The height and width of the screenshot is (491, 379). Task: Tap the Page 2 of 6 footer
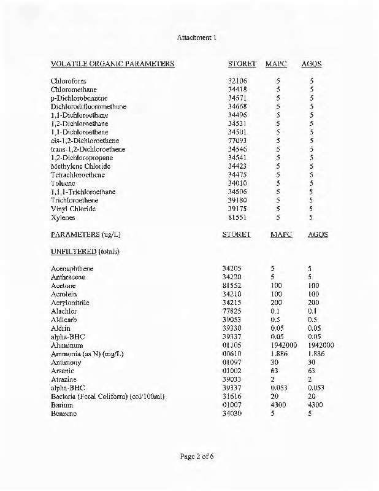point(196,457)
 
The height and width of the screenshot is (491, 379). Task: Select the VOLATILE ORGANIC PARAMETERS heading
point(112,64)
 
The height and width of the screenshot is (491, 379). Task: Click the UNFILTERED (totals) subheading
point(85,252)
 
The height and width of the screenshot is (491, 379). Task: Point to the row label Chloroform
point(68,81)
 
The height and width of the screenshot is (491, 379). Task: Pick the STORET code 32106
point(237,81)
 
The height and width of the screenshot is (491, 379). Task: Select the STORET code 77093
point(237,141)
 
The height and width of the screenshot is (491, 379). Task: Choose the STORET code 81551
point(237,217)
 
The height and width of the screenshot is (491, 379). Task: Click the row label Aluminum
point(67,346)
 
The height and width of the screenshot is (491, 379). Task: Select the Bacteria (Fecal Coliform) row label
point(107,396)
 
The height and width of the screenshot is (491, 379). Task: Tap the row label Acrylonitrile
point(70,303)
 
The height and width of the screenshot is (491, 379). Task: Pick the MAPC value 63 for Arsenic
point(275,371)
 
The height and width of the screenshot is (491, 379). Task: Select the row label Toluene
point(63,183)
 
